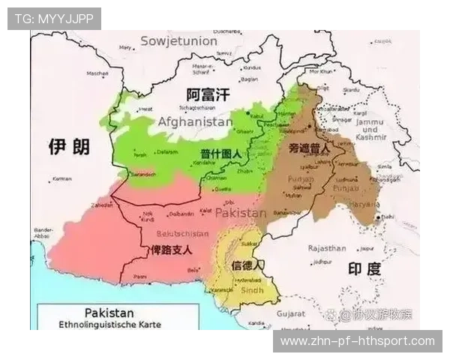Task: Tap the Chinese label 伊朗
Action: pyautogui.click(x=69, y=146)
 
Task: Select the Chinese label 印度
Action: pyautogui.click(x=364, y=268)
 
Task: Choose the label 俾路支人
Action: pyautogui.click(x=170, y=250)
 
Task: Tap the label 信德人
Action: pyautogui.click(x=248, y=266)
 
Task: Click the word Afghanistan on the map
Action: pyautogui.click(x=195, y=121)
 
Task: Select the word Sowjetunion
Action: pyautogui.click(x=178, y=40)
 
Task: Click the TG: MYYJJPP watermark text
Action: pyautogui.click(x=54, y=19)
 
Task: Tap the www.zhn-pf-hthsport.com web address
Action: pyautogui.click(x=357, y=341)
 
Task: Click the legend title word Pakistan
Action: pyautogui.click(x=109, y=312)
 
